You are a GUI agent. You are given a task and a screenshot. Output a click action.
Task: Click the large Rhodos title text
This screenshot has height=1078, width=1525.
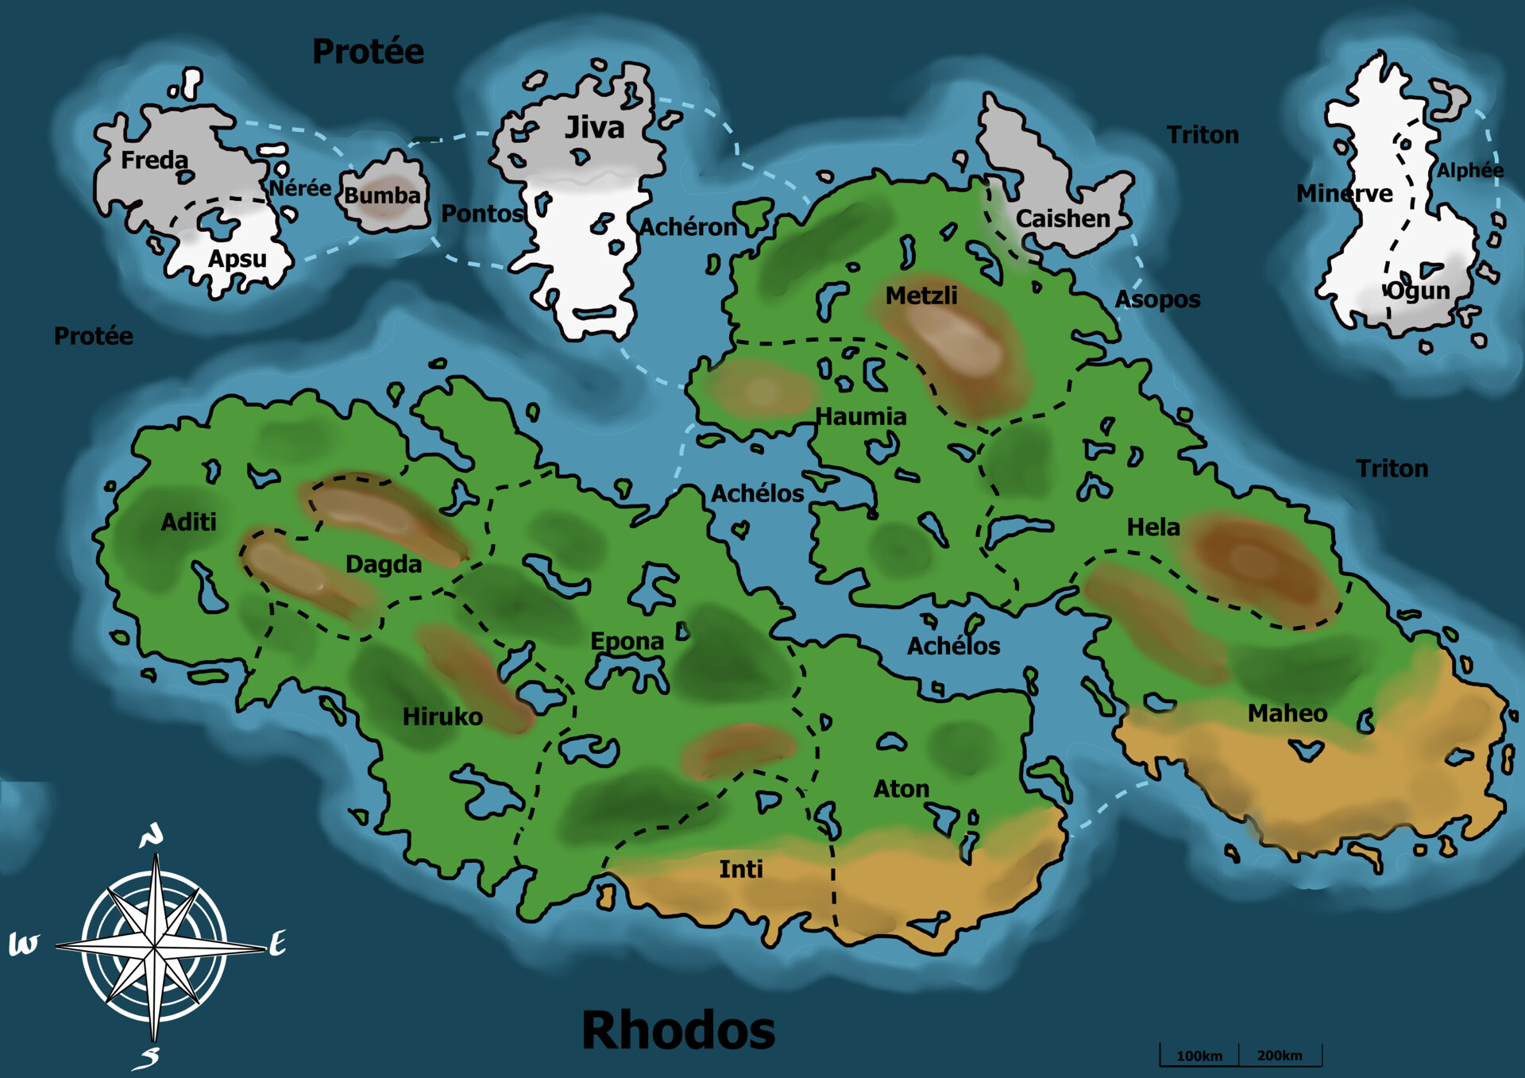[x=678, y=1030]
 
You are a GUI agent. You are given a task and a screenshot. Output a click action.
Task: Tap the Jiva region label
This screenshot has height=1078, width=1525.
[x=594, y=128]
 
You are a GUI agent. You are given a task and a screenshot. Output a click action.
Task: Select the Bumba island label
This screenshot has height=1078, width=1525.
[x=382, y=195]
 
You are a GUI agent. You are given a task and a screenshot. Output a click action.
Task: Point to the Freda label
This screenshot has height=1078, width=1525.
[x=154, y=160]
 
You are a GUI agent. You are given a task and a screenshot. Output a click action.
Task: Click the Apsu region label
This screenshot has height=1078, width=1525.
[x=237, y=259]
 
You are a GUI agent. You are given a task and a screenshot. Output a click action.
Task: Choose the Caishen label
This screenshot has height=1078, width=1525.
[x=1063, y=218]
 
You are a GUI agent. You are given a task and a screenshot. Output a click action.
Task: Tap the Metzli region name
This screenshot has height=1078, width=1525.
[x=921, y=296]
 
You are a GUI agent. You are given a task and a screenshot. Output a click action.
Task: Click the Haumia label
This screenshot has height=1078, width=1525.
[x=861, y=416]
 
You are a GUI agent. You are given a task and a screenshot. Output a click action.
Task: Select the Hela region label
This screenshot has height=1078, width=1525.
[x=1153, y=527]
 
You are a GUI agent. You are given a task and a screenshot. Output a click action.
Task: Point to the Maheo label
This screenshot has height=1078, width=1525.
[x=1287, y=713]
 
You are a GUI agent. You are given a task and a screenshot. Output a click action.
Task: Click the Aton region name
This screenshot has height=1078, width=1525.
[x=901, y=789]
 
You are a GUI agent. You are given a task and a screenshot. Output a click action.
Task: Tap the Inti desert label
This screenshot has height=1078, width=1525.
[x=741, y=869]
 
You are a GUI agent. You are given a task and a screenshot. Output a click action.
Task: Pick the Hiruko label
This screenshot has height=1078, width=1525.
[x=442, y=717]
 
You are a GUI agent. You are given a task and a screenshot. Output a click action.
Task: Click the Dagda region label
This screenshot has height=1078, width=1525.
[x=384, y=564]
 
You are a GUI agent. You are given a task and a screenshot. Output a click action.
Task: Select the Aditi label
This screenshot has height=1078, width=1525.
[x=188, y=522]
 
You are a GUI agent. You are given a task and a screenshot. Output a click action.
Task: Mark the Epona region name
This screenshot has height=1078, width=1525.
[x=627, y=641]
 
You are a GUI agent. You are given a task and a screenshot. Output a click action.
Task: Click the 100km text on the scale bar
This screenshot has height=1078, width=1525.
[x=1199, y=1056]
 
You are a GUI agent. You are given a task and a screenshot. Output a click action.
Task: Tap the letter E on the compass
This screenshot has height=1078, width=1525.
[x=277, y=944]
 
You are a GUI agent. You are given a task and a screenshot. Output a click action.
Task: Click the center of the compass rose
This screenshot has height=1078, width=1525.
[x=155, y=947]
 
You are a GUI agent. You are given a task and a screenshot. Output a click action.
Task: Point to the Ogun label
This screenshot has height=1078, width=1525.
[x=1419, y=291]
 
